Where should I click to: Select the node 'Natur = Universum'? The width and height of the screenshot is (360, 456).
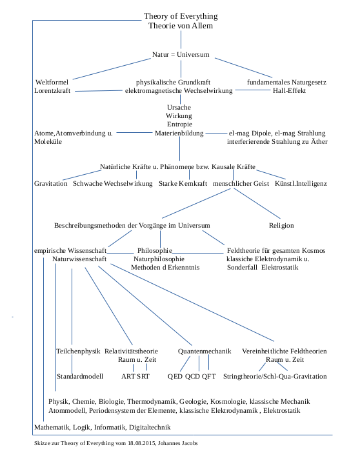[x=181, y=54]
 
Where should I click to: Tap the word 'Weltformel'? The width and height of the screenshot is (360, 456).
[x=52, y=82]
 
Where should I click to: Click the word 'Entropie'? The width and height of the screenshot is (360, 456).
[x=179, y=124]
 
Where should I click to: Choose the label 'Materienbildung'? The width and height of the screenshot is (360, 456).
[x=179, y=133]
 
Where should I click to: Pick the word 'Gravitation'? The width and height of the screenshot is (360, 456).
[x=51, y=184]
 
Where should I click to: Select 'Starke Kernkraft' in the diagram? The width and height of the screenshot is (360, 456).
[x=183, y=184]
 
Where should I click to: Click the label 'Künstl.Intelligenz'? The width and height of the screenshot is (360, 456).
[x=301, y=184]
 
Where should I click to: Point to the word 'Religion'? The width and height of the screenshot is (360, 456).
[x=281, y=226]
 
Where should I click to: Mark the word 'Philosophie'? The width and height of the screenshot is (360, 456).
[x=155, y=250]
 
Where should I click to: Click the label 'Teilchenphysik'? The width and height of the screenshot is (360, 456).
[x=78, y=352]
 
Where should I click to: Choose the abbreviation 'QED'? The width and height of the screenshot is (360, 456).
[x=175, y=376]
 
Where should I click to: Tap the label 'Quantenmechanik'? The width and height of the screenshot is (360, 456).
[x=205, y=352]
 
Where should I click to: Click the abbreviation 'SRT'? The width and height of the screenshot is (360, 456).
[x=144, y=376]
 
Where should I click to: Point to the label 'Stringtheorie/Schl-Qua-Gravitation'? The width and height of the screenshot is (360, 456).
[x=274, y=376]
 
